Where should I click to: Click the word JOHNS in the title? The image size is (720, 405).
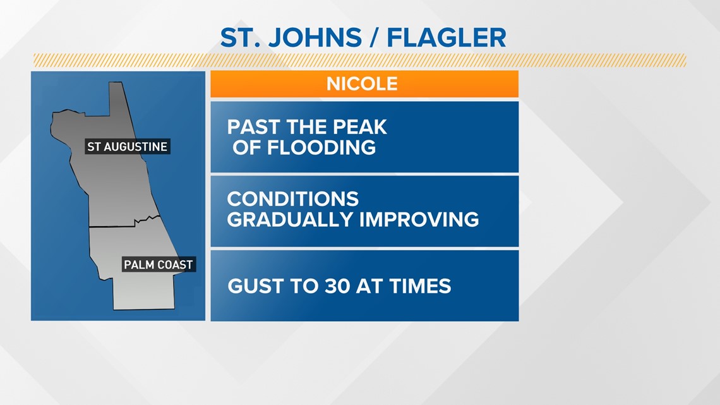click(x=315, y=38)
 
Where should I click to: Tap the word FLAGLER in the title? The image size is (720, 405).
click(x=447, y=38)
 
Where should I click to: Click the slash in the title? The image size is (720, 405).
click(x=374, y=38)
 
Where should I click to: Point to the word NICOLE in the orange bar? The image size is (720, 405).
click(x=362, y=84)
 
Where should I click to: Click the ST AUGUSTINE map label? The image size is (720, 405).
click(x=127, y=147)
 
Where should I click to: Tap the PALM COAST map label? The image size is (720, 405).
click(x=159, y=265)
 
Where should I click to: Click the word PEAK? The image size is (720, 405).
click(x=360, y=127)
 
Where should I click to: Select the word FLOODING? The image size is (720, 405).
click(x=321, y=147)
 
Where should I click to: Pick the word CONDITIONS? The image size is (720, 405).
click(x=292, y=199)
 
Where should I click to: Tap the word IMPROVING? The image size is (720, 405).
click(x=419, y=219)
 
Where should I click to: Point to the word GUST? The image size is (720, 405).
click(x=253, y=286)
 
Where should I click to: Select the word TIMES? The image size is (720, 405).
click(x=420, y=286)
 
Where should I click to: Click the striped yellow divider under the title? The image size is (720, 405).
click(x=360, y=60)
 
